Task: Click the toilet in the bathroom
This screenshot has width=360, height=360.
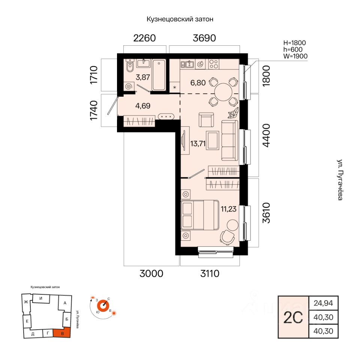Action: pyautogui.click(x=130, y=65)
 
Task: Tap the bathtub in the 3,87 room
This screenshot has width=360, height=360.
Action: pyautogui.click(x=159, y=75)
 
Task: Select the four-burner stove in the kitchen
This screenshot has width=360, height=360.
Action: pyautogui.click(x=214, y=64)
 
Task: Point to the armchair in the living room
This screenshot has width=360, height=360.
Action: pyautogui.click(x=206, y=120)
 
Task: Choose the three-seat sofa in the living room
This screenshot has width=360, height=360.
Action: pyautogui.click(x=230, y=141)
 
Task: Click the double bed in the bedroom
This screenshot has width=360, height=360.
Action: pyautogui.click(x=200, y=215)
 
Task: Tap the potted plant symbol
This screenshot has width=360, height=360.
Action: pyautogui.click(x=234, y=113)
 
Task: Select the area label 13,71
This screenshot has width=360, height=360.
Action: pyautogui.click(x=198, y=144)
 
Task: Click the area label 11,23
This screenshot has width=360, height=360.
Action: pyautogui.click(x=229, y=209)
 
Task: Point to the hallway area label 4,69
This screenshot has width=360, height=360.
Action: pyautogui.click(x=143, y=106)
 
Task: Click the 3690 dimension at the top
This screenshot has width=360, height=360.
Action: pyautogui.click(x=204, y=38)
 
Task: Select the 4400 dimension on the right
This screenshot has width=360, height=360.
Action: pyautogui.click(x=267, y=135)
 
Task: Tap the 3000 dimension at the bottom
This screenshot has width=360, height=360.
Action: pyautogui.click(x=151, y=274)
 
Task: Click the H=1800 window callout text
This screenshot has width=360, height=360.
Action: pyautogui.click(x=295, y=43)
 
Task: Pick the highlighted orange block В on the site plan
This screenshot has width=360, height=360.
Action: pyautogui.click(x=62, y=333)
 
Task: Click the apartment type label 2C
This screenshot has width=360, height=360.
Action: pyautogui.click(x=293, y=317)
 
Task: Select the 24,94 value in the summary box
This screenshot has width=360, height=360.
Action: pyautogui.click(x=323, y=303)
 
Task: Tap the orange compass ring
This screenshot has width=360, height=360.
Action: pyautogui.click(x=103, y=306)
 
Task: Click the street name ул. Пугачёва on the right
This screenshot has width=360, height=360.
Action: pyautogui.click(x=340, y=180)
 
